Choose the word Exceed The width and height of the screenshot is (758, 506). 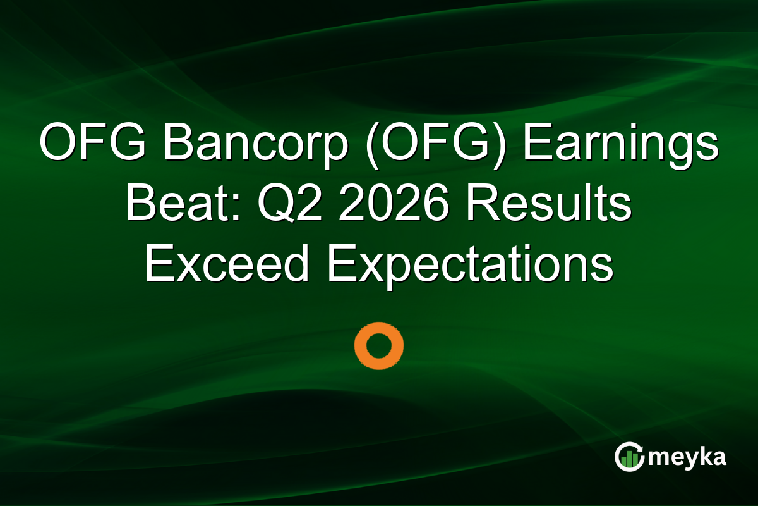click(x=226, y=264)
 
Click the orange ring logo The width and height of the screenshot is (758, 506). click(x=378, y=345)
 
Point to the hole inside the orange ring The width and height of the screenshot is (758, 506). click(x=378, y=345)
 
